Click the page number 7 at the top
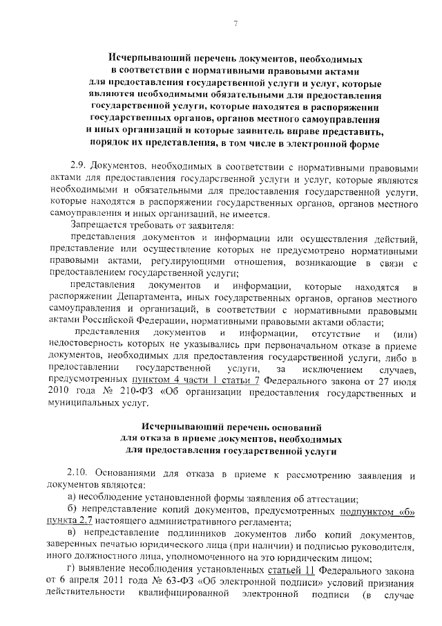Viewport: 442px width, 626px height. click(x=235, y=26)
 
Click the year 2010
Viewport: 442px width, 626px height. click(x=57, y=392)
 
